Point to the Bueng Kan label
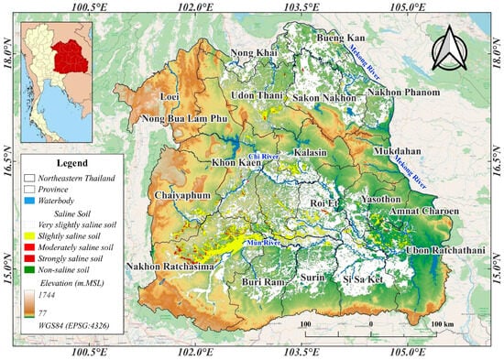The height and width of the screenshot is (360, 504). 340,38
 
